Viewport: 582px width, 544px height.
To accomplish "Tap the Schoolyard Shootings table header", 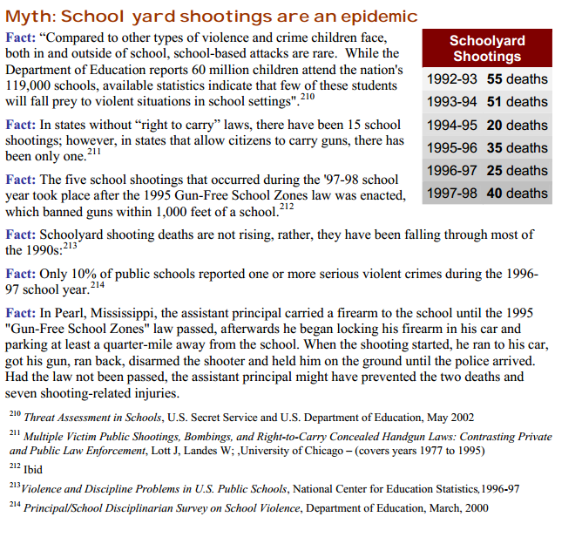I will coord(487,49).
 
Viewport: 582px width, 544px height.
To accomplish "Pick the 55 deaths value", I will coord(518,79).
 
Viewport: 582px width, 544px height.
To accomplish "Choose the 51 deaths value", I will coord(518,102).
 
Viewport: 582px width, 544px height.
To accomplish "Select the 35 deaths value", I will coord(518,148).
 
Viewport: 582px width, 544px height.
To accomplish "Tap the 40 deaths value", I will coord(518,194).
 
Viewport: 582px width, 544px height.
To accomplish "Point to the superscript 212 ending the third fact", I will coord(287,207).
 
